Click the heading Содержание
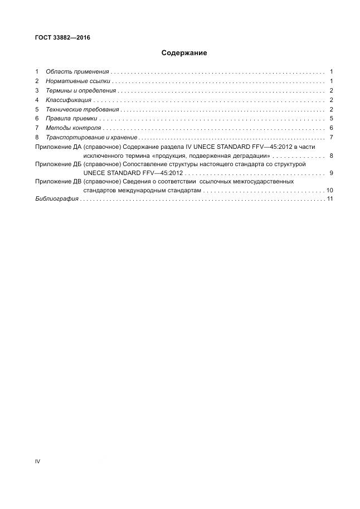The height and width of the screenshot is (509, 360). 184,53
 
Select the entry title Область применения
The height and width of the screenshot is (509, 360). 77,72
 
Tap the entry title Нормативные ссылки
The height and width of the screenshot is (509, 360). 78,81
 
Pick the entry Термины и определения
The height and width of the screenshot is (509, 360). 81,91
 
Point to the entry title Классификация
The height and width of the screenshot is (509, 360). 68,100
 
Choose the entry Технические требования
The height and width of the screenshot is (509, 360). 82,109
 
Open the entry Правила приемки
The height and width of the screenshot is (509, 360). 71,119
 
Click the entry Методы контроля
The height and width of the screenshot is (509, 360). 73,128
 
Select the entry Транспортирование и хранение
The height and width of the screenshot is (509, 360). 91,137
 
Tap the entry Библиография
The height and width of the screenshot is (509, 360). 56,199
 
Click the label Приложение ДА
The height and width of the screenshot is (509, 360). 58,147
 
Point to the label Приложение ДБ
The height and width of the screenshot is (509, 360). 58,164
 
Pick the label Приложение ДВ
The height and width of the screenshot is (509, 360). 58,182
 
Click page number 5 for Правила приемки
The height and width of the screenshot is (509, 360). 331,119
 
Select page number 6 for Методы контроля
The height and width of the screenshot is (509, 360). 331,128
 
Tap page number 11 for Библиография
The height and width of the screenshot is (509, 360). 330,199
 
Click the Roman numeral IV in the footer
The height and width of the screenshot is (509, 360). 37,462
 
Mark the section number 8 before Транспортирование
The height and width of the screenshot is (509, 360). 37,137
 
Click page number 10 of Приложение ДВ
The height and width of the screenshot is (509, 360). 330,191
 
